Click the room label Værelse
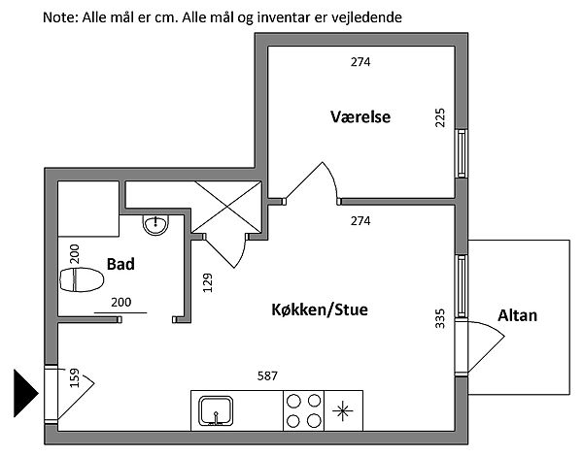click(x=360, y=116)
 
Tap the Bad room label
click(x=120, y=264)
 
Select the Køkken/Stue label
click(x=320, y=309)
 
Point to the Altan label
click(x=517, y=315)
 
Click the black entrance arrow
click(x=25, y=393)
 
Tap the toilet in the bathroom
click(x=82, y=279)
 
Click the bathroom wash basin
click(x=155, y=224)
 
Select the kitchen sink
click(x=216, y=410)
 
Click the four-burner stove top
click(x=304, y=410)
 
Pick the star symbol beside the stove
click(x=342, y=410)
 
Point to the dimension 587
click(x=267, y=376)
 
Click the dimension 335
click(x=440, y=318)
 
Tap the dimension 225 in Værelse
click(x=440, y=117)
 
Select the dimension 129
click(x=208, y=283)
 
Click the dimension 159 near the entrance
click(x=75, y=378)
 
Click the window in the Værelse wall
click(x=462, y=153)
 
